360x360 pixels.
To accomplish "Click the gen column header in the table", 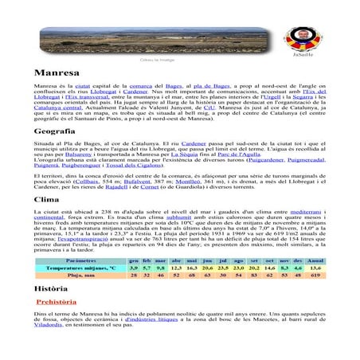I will tap(135, 260).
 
